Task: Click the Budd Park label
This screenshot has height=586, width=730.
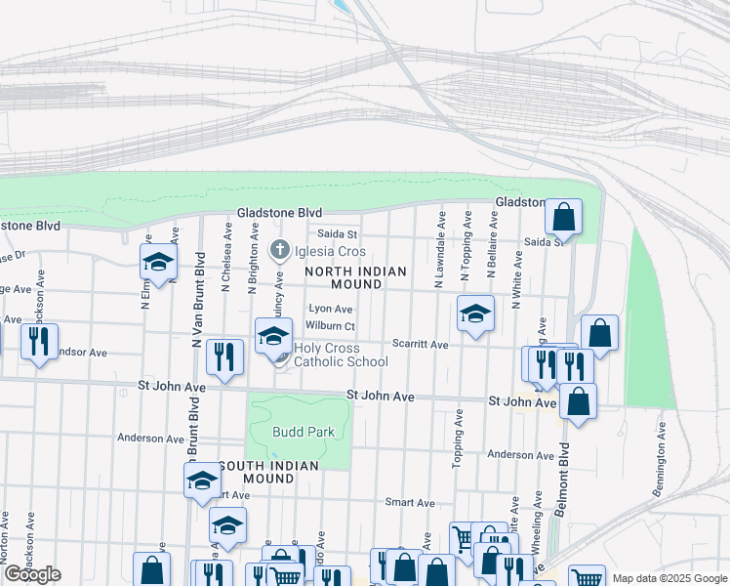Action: point(304,432)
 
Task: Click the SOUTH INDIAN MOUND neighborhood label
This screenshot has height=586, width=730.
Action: point(268,472)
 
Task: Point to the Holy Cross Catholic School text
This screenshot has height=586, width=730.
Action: point(341,355)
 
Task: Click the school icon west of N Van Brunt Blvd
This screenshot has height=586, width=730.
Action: point(158,261)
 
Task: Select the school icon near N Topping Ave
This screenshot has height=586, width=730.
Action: point(475,314)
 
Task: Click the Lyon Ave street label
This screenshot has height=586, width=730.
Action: point(330,309)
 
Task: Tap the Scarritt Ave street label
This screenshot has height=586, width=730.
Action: point(420,345)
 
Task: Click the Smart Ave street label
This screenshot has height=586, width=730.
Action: point(410,502)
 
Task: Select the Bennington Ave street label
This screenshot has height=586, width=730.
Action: point(662,460)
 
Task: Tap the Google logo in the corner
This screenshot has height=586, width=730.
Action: point(32,574)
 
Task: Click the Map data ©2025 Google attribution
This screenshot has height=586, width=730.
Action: point(669,578)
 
